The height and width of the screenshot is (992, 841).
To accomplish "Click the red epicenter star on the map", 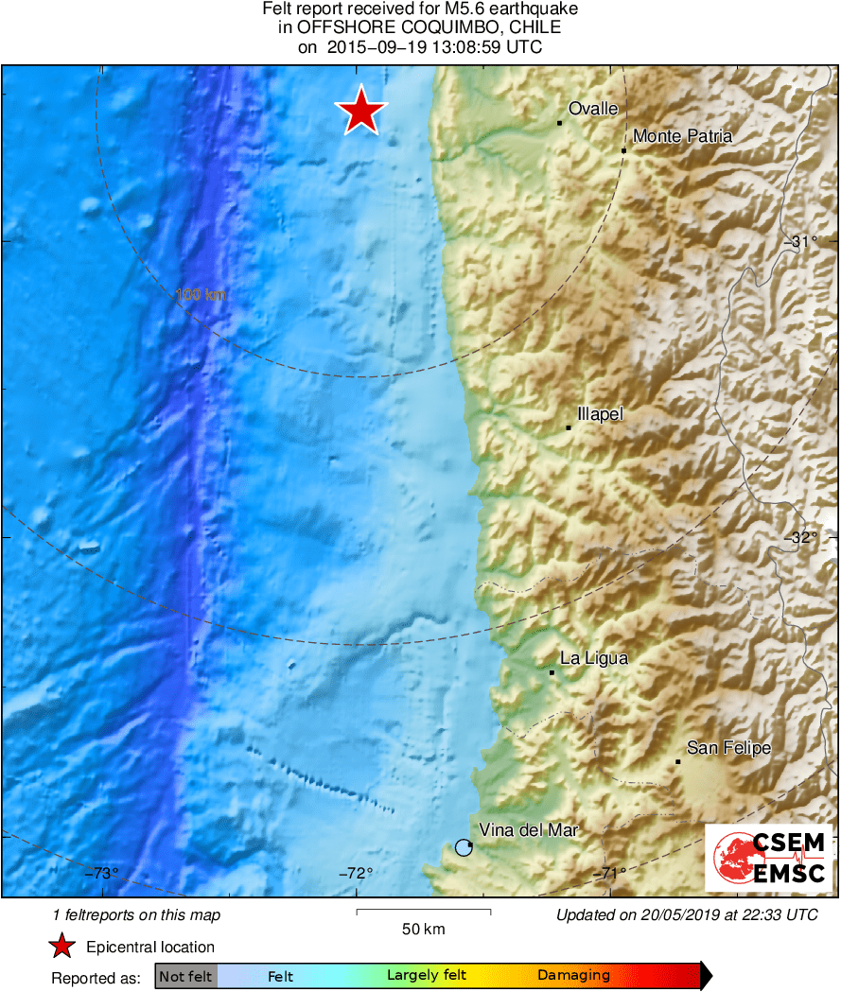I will [360, 112].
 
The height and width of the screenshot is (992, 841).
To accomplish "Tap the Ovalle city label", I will [593, 109].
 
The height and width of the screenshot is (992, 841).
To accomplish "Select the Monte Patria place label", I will [682, 136].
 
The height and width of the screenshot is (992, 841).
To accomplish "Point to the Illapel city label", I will [601, 414].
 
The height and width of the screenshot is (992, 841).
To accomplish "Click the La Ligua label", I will [594, 658].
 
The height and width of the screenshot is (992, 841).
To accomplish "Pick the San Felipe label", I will [728, 748].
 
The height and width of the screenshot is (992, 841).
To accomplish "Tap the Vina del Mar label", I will [529, 830].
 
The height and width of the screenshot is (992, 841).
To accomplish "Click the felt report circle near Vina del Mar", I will [464, 847].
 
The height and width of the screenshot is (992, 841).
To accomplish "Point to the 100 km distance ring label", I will [201, 295].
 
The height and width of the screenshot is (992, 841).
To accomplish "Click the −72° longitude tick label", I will [356, 873].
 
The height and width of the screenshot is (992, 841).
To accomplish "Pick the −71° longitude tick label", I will [609, 873].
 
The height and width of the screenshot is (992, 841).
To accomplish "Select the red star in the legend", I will [62, 947].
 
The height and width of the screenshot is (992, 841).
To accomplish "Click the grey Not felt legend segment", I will [185, 976].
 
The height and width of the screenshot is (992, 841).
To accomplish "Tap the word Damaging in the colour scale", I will [573, 976].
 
